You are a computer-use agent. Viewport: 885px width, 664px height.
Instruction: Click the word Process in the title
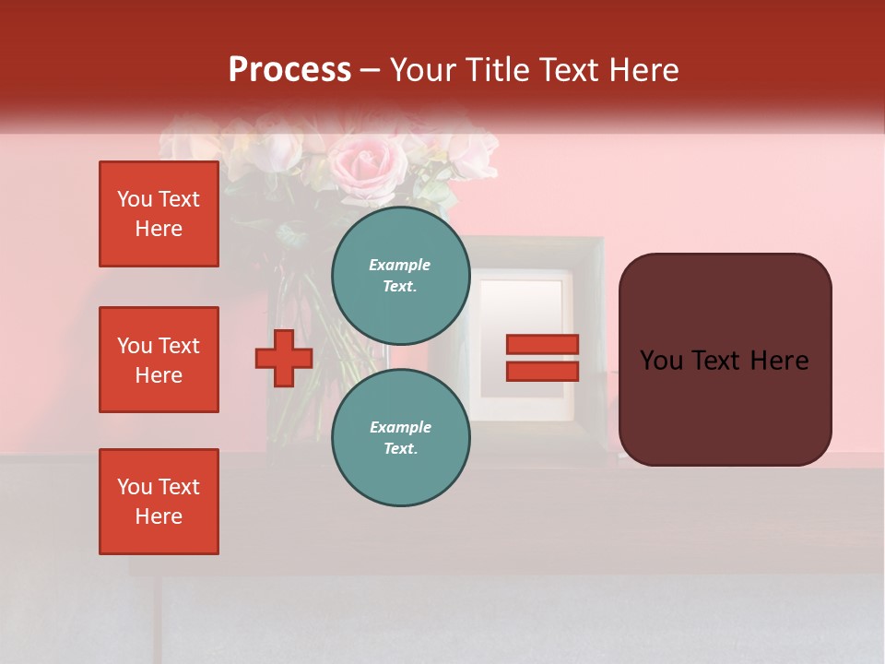pyautogui.click(x=289, y=70)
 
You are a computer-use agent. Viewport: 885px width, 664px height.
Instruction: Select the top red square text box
pyautogui.click(x=159, y=214)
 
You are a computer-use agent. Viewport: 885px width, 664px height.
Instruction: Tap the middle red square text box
pyautogui.click(x=159, y=360)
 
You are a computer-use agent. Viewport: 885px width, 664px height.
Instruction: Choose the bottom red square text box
pyautogui.click(x=159, y=502)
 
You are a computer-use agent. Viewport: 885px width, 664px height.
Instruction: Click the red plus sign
pyautogui.click(x=284, y=358)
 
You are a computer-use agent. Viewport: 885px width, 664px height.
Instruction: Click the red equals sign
pyautogui.click(x=542, y=358)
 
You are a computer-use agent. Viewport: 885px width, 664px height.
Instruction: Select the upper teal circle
pyautogui.click(x=400, y=275)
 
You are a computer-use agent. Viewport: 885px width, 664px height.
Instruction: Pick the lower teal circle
pyautogui.click(x=400, y=437)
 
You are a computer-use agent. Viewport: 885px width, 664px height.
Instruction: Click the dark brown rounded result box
pyautogui.click(x=725, y=359)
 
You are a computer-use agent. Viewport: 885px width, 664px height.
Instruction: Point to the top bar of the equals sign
pyautogui.click(x=542, y=344)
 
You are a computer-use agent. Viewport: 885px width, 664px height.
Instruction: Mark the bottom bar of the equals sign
pyautogui.click(x=542, y=371)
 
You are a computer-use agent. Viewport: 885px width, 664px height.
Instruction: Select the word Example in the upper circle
pyautogui.click(x=400, y=265)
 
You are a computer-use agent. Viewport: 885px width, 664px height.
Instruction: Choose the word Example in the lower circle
pyautogui.click(x=400, y=427)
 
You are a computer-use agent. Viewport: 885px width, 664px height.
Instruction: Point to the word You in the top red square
pyautogui.click(x=135, y=199)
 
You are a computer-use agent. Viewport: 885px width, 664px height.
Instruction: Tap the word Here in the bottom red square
pyautogui.click(x=159, y=516)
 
